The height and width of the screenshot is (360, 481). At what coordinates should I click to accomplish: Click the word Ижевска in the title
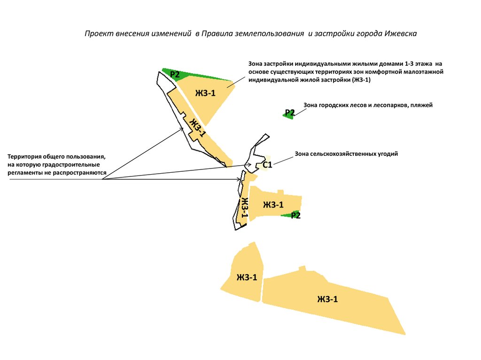(x=400, y=34)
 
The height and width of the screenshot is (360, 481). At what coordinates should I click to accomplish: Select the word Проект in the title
(x=98, y=34)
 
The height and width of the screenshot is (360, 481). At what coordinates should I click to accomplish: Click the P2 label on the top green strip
(x=175, y=74)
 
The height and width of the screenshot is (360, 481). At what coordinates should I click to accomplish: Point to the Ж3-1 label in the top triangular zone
(x=206, y=93)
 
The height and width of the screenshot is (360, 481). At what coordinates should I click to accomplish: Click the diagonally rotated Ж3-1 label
(x=197, y=128)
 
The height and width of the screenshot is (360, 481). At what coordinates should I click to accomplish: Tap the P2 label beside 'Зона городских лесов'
(x=290, y=113)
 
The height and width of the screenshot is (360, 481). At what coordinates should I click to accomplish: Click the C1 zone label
(x=267, y=165)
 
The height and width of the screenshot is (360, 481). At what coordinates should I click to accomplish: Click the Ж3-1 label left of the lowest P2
(x=273, y=205)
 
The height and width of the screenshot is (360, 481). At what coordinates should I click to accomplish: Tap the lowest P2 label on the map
(x=295, y=215)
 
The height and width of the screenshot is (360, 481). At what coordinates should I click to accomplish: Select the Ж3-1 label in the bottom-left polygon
(x=247, y=277)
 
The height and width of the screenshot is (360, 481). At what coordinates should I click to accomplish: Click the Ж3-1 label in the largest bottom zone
(x=327, y=299)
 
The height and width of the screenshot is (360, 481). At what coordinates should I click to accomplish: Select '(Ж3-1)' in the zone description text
(x=362, y=80)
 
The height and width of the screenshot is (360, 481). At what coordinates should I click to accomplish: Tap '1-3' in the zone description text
(x=410, y=63)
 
